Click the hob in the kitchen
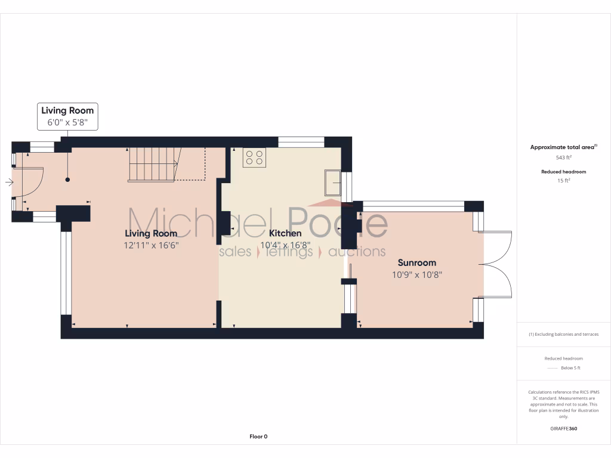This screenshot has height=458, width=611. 254,157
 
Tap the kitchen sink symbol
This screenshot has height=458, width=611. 332,182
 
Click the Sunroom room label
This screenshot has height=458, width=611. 417,262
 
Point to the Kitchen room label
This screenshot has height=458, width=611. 285,233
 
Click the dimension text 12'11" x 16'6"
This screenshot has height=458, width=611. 152,245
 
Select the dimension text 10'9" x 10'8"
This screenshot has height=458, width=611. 417,274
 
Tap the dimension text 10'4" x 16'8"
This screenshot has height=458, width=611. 285,245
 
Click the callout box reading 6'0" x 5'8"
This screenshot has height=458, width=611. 67,123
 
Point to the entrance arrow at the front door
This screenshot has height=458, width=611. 8,182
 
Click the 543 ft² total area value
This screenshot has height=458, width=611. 563,157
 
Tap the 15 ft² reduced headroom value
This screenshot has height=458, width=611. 563,180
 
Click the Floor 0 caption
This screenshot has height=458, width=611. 258,437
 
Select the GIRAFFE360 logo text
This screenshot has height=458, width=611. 563,428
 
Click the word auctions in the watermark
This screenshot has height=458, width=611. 357,252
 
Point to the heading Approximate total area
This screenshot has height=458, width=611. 563,147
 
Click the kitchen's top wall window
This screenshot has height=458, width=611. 301,142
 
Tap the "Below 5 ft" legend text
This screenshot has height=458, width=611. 569,368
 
